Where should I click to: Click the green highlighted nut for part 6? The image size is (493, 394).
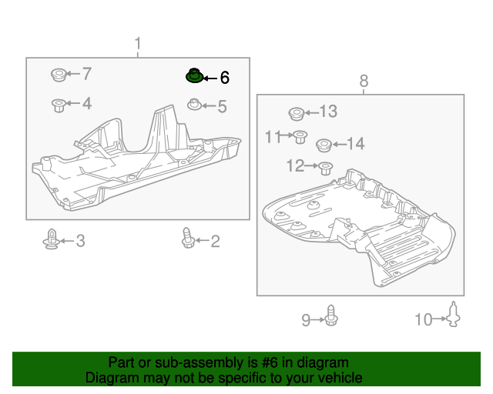pyautogui.click(x=194, y=76)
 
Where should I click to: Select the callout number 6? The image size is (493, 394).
pyautogui.click(x=224, y=77)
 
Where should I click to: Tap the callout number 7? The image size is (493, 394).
pyautogui.click(x=86, y=74)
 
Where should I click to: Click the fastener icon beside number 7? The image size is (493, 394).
pyautogui.click(x=58, y=75)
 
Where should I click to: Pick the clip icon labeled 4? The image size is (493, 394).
pyautogui.click(x=58, y=104)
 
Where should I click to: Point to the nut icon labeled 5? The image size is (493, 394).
pyautogui.click(x=196, y=105)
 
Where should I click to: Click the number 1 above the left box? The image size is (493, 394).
pyautogui.click(x=138, y=43)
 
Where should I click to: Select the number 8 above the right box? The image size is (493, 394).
pyautogui.click(x=364, y=81)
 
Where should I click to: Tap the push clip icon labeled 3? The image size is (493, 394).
pyautogui.click(x=51, y=241)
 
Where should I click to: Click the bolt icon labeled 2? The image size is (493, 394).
pyautogui.click(x=187, y=239)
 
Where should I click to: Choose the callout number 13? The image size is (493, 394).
pyautogui.click(x=327, y=112)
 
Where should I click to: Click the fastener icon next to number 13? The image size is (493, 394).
pyautogui.click(x=296, y=114)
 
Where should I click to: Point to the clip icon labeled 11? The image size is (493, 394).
pyautogui.click(x=299, y=138)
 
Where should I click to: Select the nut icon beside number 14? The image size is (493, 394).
pyautogui.click(x=325, y=144)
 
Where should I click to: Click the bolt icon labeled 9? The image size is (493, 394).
pyautogui.click(x=332, y=316)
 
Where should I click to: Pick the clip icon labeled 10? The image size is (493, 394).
pyautogui.click(x=454, y=316)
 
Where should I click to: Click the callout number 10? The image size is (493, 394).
pyautogui.click(x=424, y=319)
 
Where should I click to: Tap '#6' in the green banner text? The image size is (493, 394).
pyautogui.click(x=280, y=362)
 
